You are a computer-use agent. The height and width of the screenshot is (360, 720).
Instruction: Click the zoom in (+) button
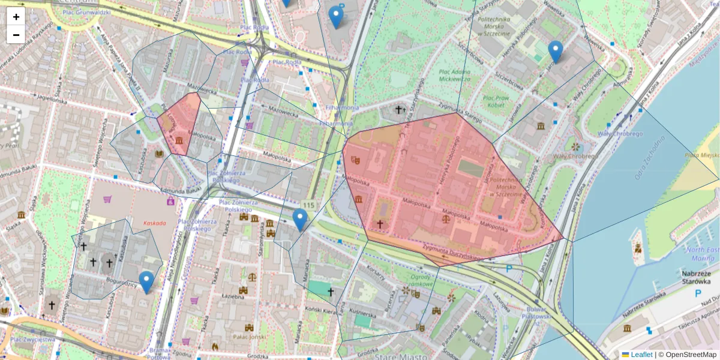pos(16,17)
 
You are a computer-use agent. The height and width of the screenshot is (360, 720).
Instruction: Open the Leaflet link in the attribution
pos(641,355)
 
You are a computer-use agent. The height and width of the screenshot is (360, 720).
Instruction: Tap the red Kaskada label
pos(155,223)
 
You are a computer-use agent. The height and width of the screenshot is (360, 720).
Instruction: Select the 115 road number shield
pos(308,205)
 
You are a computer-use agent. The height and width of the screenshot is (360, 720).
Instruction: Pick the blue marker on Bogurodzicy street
pos(146,281)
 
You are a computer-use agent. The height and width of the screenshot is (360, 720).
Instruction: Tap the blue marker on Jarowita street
pos(556,51)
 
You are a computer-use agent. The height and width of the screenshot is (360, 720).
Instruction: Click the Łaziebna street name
pos(232,296)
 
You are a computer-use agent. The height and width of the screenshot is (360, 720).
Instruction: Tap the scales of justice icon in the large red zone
pos(445,220)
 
